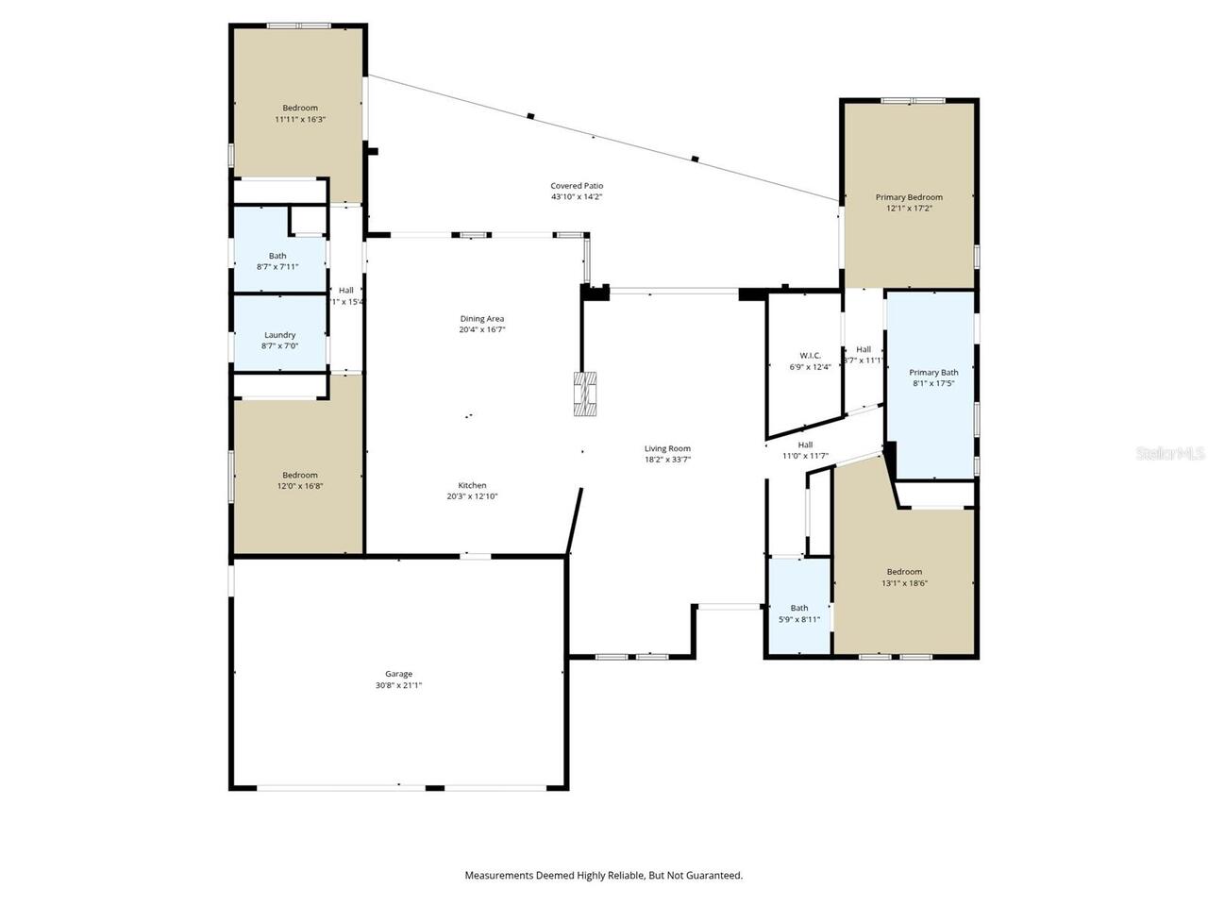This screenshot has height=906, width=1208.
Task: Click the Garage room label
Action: [x=398, y=674]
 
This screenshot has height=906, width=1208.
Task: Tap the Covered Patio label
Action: [x=577, y=186]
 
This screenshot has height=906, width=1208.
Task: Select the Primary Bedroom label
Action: [x=909, y=197]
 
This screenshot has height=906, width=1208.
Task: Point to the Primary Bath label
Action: [x=933, y=373]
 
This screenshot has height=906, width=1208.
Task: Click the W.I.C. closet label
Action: [x=810, y=356]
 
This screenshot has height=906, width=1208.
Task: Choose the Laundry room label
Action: [x=279, y=335]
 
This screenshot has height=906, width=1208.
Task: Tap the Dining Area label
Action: [x=482, y=319]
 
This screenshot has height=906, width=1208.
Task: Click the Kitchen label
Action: [x=472, y=485]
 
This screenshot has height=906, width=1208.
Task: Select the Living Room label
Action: [x=667, y=448]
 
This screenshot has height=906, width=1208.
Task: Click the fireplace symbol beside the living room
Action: [x=585, y=394]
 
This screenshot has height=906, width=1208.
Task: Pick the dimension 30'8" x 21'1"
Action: [x=398, y=686]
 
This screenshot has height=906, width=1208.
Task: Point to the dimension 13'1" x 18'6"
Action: [x=904, y=583]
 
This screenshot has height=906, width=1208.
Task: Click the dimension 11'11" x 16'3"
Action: [x=300, y=120]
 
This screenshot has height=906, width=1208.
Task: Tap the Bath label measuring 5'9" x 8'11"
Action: [x=799, y=608]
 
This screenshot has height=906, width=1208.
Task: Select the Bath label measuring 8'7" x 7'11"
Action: [x=277, y=256]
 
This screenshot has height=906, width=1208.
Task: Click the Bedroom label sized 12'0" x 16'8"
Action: [x=300, y=475]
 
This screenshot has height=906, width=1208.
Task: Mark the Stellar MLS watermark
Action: [x=1170, y=453]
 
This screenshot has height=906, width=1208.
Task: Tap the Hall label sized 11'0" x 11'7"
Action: [x=805, y=445]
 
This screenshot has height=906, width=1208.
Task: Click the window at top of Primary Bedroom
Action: [x=913, y=100]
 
